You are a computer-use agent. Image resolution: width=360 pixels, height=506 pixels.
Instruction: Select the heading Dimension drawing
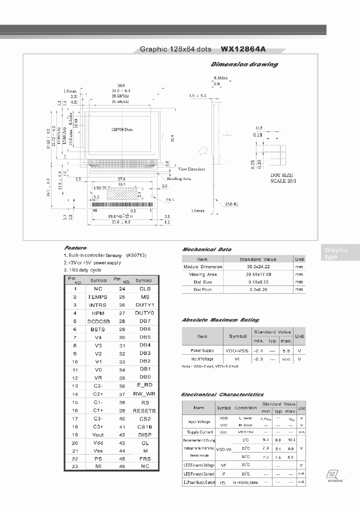pos(244,64)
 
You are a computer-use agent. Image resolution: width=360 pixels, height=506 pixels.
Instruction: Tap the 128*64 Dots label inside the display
pos(121,129)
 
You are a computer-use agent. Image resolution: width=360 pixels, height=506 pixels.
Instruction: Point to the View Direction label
pos(191,169)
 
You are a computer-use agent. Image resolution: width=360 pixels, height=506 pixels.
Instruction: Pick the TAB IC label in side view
pos(231,204)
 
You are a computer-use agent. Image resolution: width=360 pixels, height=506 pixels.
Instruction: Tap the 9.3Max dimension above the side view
pos(220,78)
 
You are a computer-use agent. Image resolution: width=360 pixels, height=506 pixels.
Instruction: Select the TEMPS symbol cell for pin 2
pos(97,297)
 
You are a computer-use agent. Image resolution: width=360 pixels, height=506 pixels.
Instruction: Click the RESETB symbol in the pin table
pos(144,410)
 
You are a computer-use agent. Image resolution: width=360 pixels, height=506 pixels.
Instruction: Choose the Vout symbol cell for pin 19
pos(98,434)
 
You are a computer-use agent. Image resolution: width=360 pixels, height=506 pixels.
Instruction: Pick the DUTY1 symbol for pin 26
pos(144,305)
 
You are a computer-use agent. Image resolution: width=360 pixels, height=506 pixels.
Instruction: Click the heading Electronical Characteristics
pos(222,394)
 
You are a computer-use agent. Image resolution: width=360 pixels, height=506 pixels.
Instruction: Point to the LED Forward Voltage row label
pos(198,465)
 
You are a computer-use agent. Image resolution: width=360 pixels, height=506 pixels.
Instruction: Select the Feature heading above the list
pos(75,248)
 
